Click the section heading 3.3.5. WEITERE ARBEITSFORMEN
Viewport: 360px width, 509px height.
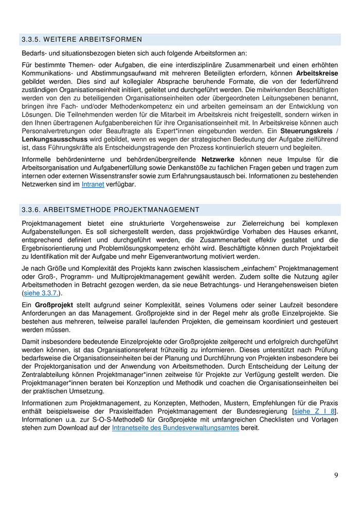point(82,40)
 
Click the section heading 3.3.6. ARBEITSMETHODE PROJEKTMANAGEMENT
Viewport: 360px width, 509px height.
point(111,210)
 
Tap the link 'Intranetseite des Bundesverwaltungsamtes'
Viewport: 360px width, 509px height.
point(175,428)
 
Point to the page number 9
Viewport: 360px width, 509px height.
point(336,475)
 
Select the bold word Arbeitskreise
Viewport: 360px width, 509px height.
point(317,73)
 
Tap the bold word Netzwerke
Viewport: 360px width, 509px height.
point(218,159)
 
